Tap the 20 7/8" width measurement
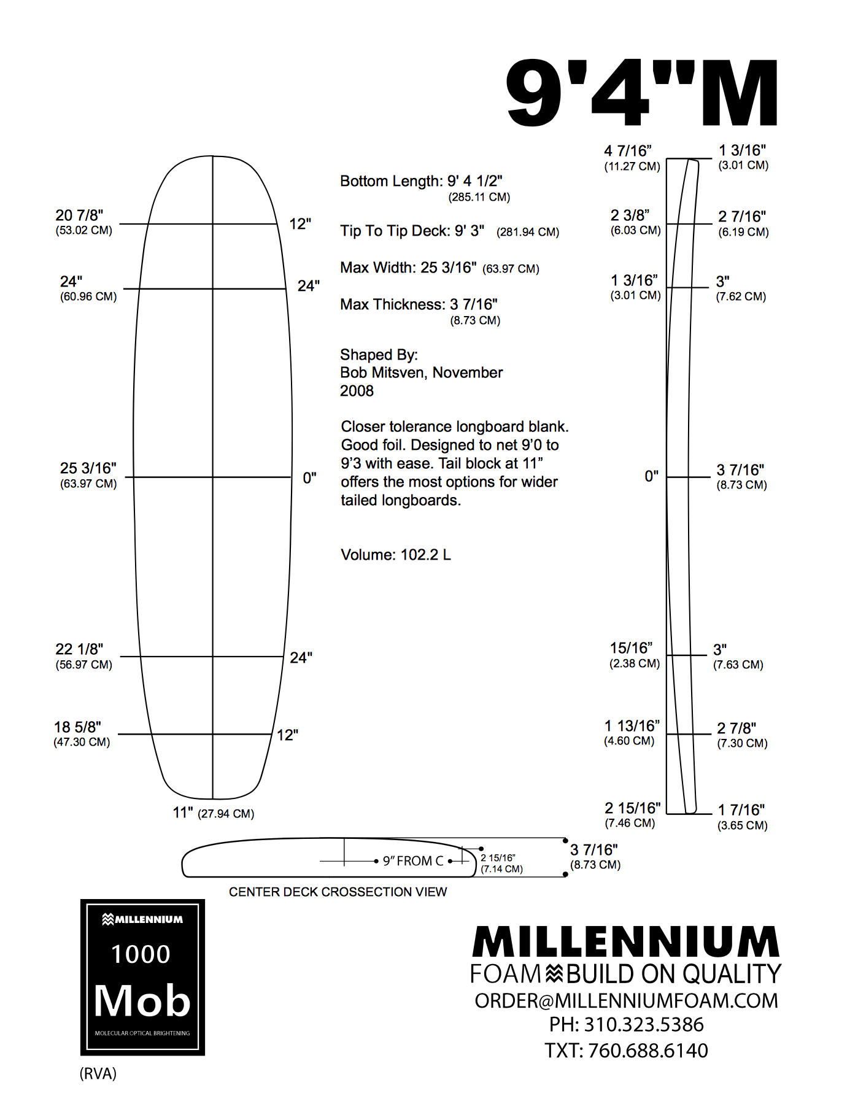[x=79, y=215]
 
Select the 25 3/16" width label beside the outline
[x=88, y=468]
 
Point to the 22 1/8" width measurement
[x=79, y=649]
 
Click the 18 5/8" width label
[x=77, y=727]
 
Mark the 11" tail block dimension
[x=183, y=813]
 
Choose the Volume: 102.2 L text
[x=396, y=555]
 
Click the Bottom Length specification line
[x=421, y=182]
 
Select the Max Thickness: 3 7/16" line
[x=419, y=305]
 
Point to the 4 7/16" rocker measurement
[x=627, y=151]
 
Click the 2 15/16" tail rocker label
[x=632, y=808]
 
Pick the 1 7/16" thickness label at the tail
[x=741, y=810]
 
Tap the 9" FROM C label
[x=412, y=861]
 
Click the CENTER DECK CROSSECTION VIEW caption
[x=338, y=892]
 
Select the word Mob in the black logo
[x=142, y=1001]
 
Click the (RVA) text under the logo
[x=98, y=1073]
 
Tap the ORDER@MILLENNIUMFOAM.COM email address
[x=626, y=1001]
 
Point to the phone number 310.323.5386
[x=643, y=1025]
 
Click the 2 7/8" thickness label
[x=736, y=728]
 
